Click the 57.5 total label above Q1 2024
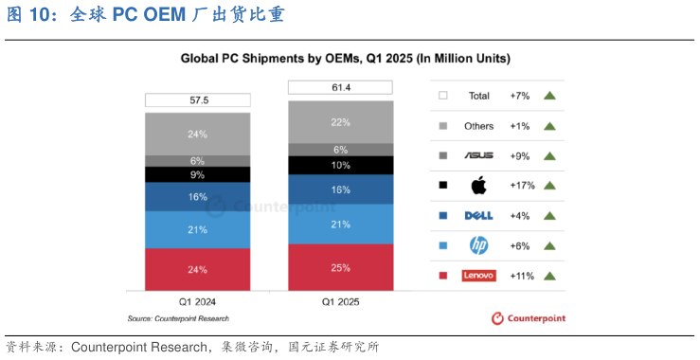[197, 99]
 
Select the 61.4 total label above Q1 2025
[341, 87]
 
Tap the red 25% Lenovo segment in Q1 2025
[341, 268]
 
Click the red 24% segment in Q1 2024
[197, 270]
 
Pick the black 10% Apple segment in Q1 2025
[341, 166]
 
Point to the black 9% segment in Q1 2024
[197, 174]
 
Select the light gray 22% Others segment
[341, 122]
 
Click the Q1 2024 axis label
[197, 302]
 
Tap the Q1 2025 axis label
[341, 302]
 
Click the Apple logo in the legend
[479, 186]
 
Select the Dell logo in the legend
[479, 216]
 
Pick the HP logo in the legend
[479, 245]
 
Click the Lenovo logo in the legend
[479, 276]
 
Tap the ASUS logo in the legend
[479, 155]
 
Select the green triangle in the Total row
[548, 96]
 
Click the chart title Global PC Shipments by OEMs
[345, 59]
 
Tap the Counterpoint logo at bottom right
[529, 318]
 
